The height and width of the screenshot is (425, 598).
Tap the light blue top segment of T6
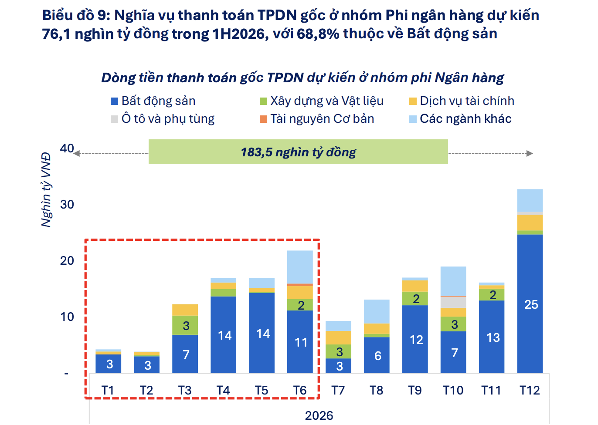point(300,266)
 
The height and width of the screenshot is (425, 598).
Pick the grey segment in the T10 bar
point(453,302)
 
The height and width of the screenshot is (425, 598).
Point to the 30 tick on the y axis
point(67,204)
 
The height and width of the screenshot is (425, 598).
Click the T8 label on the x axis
point(377,390)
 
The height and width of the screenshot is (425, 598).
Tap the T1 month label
point(108,390)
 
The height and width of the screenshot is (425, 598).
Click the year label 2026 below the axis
point(319,415)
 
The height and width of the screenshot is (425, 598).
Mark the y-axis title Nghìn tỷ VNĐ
point(46,190)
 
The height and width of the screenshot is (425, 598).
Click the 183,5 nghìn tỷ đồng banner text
point(298,152)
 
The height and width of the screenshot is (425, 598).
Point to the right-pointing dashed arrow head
point(530,153)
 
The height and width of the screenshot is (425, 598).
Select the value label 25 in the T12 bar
point(531,304)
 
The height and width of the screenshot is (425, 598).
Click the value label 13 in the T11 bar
point(493,337)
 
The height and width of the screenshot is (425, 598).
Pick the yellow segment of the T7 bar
point(338,337)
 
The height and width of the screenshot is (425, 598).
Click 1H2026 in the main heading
point(240,34)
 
